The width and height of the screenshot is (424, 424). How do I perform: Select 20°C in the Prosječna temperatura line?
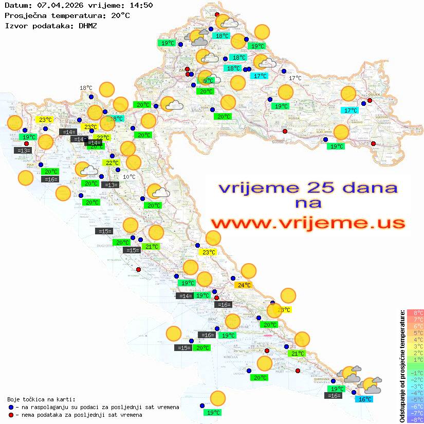pos(120,15)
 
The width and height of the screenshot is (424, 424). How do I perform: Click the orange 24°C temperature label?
pos(243,285)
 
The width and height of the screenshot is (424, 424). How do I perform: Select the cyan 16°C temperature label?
pos(365,399)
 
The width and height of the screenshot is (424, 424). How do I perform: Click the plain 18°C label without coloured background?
pos(85,88)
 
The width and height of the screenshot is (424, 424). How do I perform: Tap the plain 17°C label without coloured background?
pos(294,78)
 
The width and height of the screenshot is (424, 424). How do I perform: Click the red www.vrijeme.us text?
pos(308,223)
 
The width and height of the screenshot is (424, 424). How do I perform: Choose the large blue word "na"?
pos(308,204)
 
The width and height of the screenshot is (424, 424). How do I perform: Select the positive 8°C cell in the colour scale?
pos(415,313)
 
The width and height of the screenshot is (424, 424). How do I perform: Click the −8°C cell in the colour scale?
pos(415,419)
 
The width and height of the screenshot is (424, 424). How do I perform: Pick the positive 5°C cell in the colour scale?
pos(415,333)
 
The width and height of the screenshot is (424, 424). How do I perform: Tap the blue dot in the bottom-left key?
pos(11,407)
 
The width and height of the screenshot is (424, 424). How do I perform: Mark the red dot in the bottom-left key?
pos(11,414)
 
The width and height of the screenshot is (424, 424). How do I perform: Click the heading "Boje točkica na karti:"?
pos(41,399)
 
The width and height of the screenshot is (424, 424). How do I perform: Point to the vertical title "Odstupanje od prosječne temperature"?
pos(402,366)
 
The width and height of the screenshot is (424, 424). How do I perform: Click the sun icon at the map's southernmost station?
pos(218,398)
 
